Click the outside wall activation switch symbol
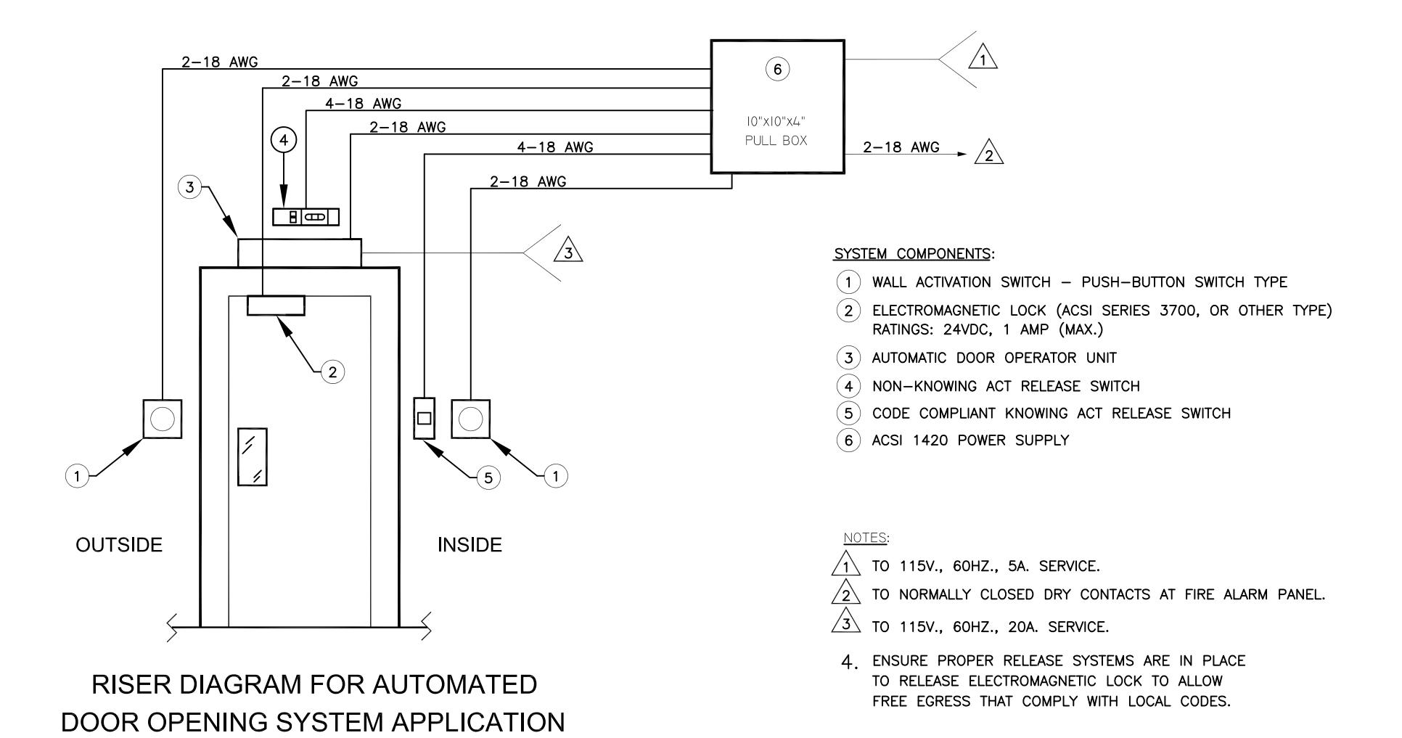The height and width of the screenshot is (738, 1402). point(162,419)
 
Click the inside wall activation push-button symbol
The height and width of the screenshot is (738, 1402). point(471,419)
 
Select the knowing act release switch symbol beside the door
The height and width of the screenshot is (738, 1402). point(424,418)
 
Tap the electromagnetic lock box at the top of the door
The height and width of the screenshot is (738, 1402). point(276,306)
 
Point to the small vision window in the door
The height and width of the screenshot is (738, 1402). point(253,456)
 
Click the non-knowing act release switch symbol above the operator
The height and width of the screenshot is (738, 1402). point(306,217)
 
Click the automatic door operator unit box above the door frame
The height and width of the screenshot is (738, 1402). point(299,253)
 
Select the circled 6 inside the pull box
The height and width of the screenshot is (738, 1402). point(777,69)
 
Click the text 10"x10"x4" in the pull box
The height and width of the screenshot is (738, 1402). point(776,120)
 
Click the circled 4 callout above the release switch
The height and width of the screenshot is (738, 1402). point(284,140)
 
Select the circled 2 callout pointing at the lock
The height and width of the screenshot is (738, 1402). point(333,372)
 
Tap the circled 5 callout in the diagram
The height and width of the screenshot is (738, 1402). point(488,477)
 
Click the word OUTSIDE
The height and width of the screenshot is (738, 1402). point(119,545)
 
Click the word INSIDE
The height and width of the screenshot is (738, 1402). point(470,545)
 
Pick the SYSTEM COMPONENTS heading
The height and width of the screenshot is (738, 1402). point(912,254)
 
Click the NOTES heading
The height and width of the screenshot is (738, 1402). point(864,538)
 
